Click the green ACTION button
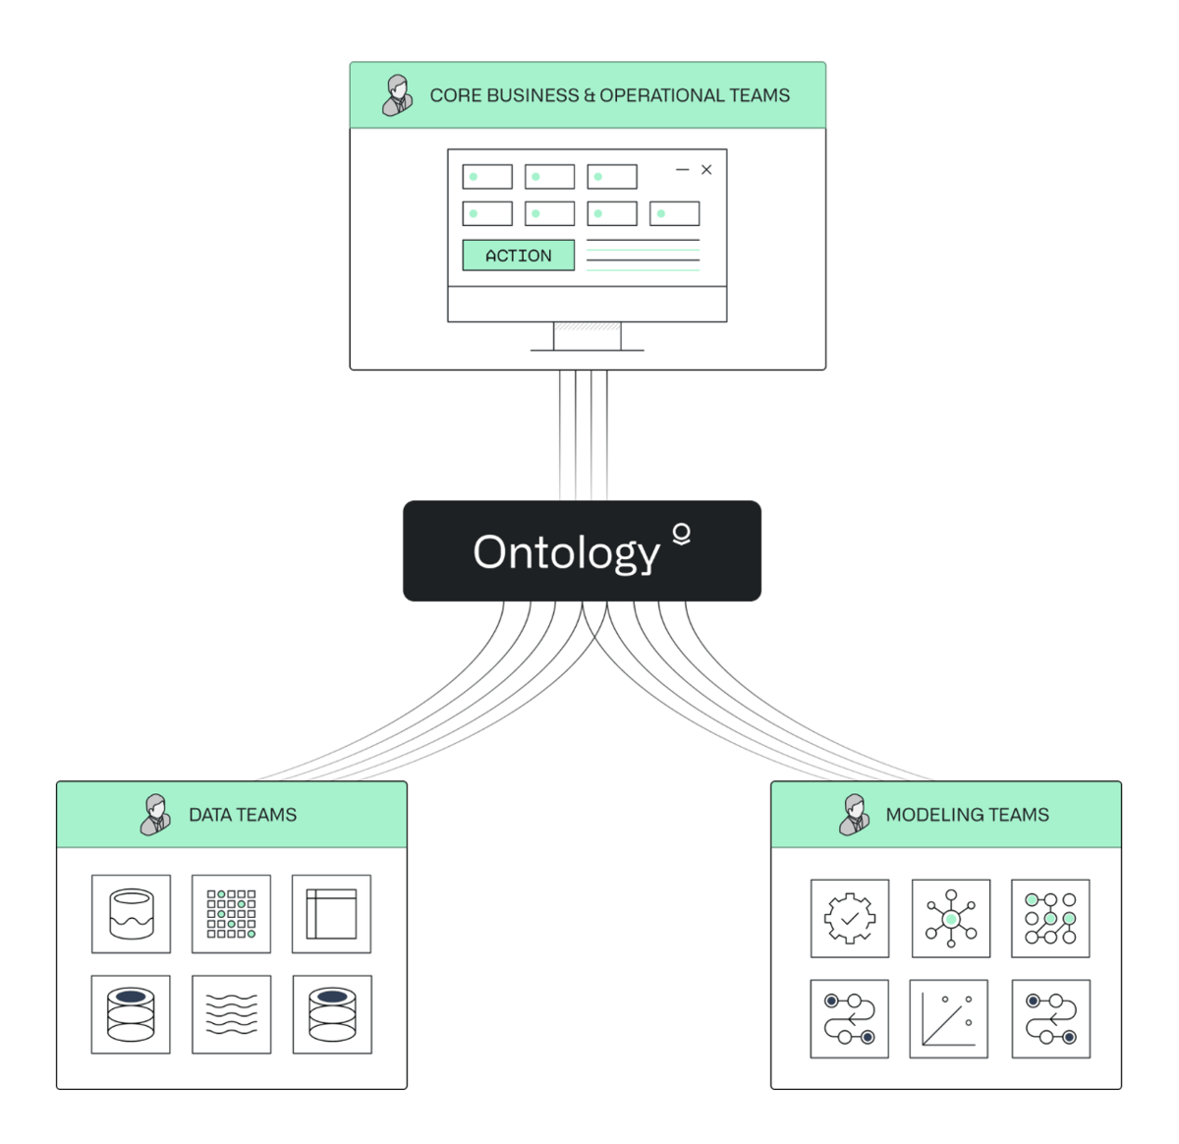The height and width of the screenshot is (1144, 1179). click(x=518, y=256)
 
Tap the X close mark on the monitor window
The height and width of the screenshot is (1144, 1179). click(x=706, y=170)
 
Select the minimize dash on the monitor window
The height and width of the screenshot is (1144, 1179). click(x=682, y=170)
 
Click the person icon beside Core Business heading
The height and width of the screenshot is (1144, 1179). click(x=397, y=95)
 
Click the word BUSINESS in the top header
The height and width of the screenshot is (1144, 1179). click(x=533, y=95)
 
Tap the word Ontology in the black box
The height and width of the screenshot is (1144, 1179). click(x=566, y=552)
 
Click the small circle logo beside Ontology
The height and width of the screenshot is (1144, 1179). click(x=681, y=534)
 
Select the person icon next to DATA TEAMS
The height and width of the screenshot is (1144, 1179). click(x=155, y=815)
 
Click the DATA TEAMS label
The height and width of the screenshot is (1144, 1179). click(x=242, y=815)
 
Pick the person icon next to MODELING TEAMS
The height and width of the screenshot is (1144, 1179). click(x=854, y=815)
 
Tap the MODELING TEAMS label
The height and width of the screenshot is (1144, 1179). click(x=967, y=815)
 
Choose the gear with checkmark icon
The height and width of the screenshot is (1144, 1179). click(x=850, y=918)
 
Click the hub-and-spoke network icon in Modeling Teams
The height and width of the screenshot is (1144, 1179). click(x=950, y=918)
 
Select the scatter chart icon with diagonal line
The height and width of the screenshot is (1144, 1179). click(x=948, y=1018)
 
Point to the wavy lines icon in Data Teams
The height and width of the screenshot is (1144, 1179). click(x=231, y=1014)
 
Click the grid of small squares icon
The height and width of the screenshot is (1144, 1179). click(x=231, y=914)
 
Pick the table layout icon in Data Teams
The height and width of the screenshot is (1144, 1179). click(x=331, y=914)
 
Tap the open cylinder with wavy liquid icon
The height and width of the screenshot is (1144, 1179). click(x=131, y=914)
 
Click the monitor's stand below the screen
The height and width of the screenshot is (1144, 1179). click(x=587, y=336)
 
